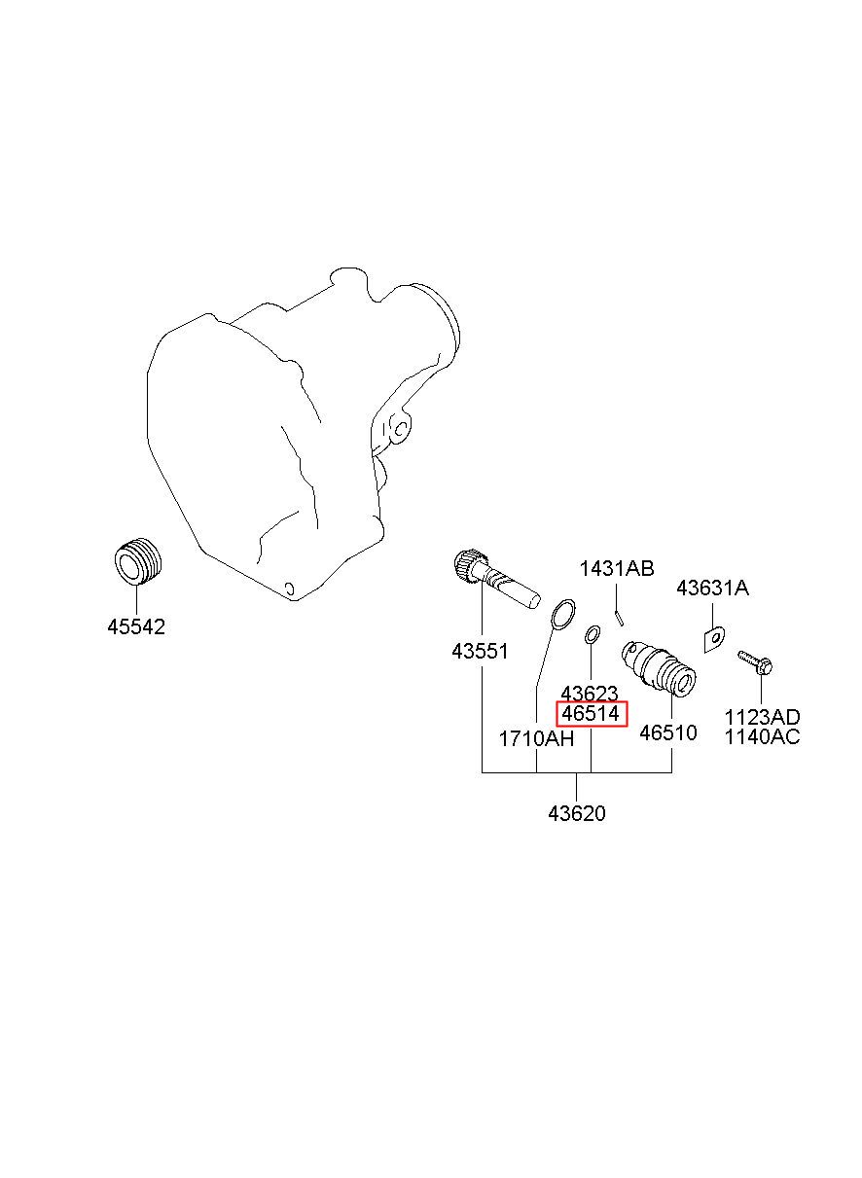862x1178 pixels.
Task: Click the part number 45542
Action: click(136, 627)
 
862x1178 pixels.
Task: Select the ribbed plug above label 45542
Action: click(137, 561)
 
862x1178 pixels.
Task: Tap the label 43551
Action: click(480, 652)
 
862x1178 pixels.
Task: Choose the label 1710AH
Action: click(536, 738)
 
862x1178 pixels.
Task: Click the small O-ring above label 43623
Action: click(592, 636)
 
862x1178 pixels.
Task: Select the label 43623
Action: click(590, 694)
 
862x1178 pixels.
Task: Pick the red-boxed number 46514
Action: click(592, 715)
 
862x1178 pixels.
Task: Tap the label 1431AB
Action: click(617, 569)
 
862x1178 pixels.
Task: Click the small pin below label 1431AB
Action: click(619, 616)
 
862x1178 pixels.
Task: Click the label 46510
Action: click(668, 733)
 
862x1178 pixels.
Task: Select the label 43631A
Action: click(712, 589)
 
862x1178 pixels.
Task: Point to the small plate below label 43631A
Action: click(714, 638)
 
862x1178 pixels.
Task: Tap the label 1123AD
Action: click(762, 717)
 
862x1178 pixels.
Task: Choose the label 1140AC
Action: click(762, 737)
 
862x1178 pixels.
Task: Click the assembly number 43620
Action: click(576, 813)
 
